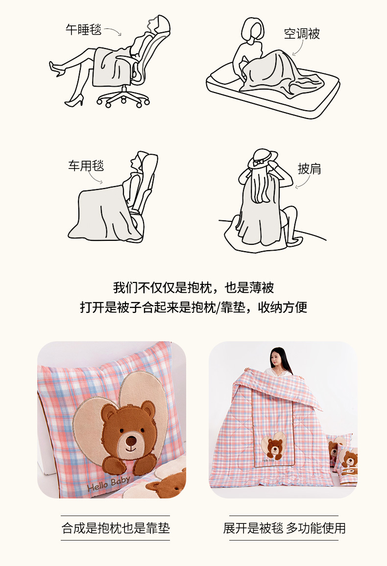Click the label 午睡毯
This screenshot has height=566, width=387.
pyautogui.click(x=83, y=29)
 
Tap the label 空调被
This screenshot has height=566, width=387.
pyautogui.click(x=302, y=34)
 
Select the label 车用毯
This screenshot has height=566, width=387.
pyautogui.click(x=86, y=165)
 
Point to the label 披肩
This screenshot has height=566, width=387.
pyautogui.click(x=309, y=168)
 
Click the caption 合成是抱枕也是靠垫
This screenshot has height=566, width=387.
pyautogui.click(x=116, y=528)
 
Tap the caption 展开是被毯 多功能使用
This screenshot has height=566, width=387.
pyautogui.click(x=284, y=528)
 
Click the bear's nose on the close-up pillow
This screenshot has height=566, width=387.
pyautogui.click(x=131, y=441)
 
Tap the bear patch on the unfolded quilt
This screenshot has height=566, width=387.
pyautogui.click(x=274, y=446)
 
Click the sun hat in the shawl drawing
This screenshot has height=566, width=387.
pyautogui.click(x=263, y=159)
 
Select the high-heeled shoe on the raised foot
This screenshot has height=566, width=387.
pyautogui.click(x=57, y=69)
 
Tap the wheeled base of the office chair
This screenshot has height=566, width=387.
pyautogui.click(x=123, y=97)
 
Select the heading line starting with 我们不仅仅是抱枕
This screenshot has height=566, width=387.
pyautogui.click(x=193, y=288)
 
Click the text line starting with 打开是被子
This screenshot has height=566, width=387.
pyautogui.click(x=193, y=307)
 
